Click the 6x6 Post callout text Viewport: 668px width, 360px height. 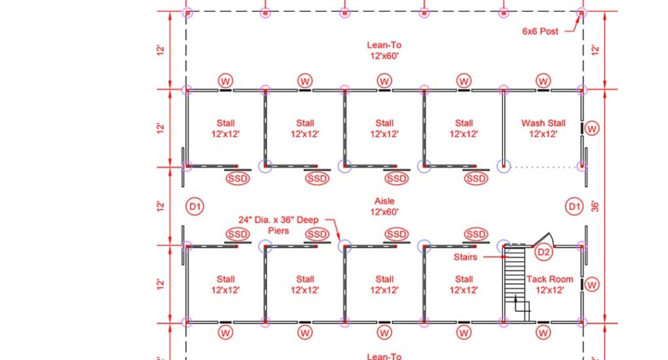click(540, 31)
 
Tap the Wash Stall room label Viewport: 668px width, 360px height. click(543, 128)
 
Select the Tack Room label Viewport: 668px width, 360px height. click(549, 285)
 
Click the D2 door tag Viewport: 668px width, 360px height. click(544, 252)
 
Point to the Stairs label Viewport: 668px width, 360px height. click(465, 257)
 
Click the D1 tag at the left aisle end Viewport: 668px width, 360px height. click(195, 207)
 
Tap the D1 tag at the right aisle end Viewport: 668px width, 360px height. click(574, 207)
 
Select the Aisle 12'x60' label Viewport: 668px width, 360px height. click(384, 206)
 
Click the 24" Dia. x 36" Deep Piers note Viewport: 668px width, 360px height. click(278, 225)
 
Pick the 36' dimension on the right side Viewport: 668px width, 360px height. click(595, 207)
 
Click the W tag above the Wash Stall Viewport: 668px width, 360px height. click(543, 81)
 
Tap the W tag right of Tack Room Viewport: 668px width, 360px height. click(592, 285)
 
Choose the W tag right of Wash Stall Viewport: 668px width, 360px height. click(592, 128)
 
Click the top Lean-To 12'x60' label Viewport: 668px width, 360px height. click(384, 50)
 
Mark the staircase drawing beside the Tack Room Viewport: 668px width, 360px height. click(515, 284)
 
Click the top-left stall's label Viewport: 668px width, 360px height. click(225, 128)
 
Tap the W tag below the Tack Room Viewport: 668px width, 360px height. click(543, 333)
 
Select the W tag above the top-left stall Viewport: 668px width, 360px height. click(225, 81)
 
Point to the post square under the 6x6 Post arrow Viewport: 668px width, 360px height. click(581, 13)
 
